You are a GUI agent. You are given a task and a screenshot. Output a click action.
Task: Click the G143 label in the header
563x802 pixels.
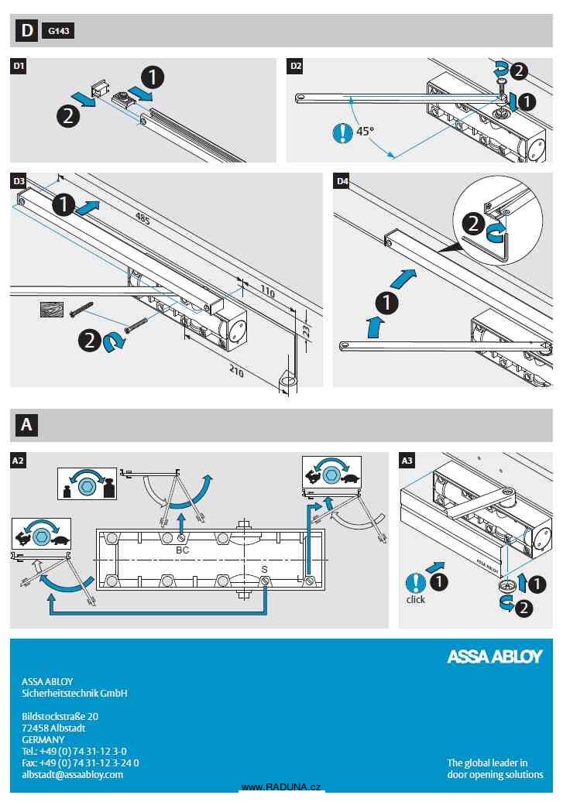tap(58, 32)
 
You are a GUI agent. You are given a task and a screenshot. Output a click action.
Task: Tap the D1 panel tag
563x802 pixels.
tap(19, 67)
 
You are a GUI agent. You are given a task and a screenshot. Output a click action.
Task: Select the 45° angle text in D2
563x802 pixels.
tap(365, 132)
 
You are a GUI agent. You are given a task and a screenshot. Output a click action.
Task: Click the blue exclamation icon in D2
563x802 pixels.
tap(342, 132)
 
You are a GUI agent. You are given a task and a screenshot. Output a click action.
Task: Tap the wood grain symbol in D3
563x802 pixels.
tap(51, 310)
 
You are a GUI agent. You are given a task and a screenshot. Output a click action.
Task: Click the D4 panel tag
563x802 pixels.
tap(342, 181)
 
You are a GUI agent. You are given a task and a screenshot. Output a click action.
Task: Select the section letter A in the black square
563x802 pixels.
tap(27, 425)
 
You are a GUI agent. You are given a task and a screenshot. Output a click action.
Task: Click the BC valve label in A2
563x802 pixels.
tap(183, 550)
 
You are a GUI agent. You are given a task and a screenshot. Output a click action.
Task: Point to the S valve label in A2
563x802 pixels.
tap(264, 570)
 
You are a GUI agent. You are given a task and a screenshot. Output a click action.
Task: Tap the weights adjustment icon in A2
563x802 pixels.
tap(87, 483)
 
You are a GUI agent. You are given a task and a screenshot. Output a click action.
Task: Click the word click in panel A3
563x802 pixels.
tap(416, 599)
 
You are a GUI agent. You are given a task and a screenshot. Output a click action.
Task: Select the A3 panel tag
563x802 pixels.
tap(407, 461)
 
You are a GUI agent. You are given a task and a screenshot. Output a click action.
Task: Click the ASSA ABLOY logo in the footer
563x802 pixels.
tap(495, 656)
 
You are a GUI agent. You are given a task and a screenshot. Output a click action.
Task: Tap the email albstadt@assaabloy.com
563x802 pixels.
tap(72, 774)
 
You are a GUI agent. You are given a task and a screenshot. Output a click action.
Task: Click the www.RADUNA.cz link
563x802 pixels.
tap(281, 787)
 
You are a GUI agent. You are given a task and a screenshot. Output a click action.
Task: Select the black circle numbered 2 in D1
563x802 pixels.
tap(68, 116)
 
